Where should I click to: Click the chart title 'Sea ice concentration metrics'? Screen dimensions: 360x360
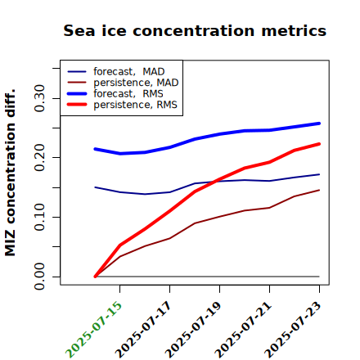click(x=195, y=30)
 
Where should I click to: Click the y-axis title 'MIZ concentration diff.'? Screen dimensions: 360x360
click(x=11, y=173)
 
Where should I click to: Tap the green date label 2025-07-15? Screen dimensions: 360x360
click(x=94, y=330)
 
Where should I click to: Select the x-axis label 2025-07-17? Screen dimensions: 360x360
click(x=144, y=330)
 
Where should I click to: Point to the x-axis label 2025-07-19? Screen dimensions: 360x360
click(x=194, y=330)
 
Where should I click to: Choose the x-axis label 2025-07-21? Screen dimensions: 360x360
click(x=244, y=330)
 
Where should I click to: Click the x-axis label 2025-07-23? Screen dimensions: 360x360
click(x=294, y=330)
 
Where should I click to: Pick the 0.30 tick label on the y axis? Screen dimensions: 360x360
click(x=39, y=98)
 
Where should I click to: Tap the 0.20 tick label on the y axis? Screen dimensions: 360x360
click(x=39, y=158)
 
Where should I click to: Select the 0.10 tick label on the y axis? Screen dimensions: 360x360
click(x=39, y=217)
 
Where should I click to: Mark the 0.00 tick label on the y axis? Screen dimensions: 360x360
click(x=39, y=277)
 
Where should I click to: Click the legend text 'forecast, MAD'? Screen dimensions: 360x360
click(x=129, y=72)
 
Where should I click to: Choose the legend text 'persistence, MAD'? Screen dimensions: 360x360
click(x=136, y=83)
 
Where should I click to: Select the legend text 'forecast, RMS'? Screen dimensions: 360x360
click(x=128, y=93)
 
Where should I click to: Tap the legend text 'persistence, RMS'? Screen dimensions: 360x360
click(x=135, y=105)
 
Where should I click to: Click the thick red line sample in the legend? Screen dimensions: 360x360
click(x=77, y=105)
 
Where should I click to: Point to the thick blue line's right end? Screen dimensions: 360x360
click(x=319, y=124)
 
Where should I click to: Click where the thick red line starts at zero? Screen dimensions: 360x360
click(x=95, y=277)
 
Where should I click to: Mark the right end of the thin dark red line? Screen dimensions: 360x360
click(x=319, y=190)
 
